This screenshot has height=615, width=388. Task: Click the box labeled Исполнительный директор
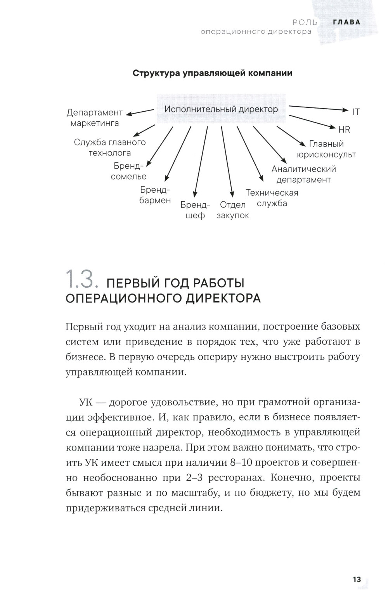pyautogui.click(x=221, y=109)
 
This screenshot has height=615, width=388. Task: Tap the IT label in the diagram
pyautogui.click(x=356, y=112)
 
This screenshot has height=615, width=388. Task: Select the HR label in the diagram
pyautogui.click(x=344, y=130)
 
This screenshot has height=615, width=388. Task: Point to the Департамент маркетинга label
pyautogui.click(x=95, y=118)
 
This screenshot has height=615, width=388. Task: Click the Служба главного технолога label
pyautogui.click(x=110, y=147)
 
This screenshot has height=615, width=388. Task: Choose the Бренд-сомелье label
pyautogui.click(x=128, y=171)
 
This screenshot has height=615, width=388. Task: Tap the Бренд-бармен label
pyautogui.click(x=155, y=195)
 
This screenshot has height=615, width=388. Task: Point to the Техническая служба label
pyautogui.click(x=272, y=198)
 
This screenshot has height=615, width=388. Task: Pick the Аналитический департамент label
pyautogui.click(x=303, y=174)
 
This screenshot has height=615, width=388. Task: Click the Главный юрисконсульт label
pyautogui.click(x=326, y=149)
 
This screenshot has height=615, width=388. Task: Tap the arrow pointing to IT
pyautogui.click(x=318, y=108)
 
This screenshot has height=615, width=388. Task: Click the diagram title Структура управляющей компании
pyautogui.click(x=212, y=73)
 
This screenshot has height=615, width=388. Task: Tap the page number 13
pyautogui.click(x=357, y=580)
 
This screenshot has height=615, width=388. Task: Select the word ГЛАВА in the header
pyautogui.click(x=347, y=22)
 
